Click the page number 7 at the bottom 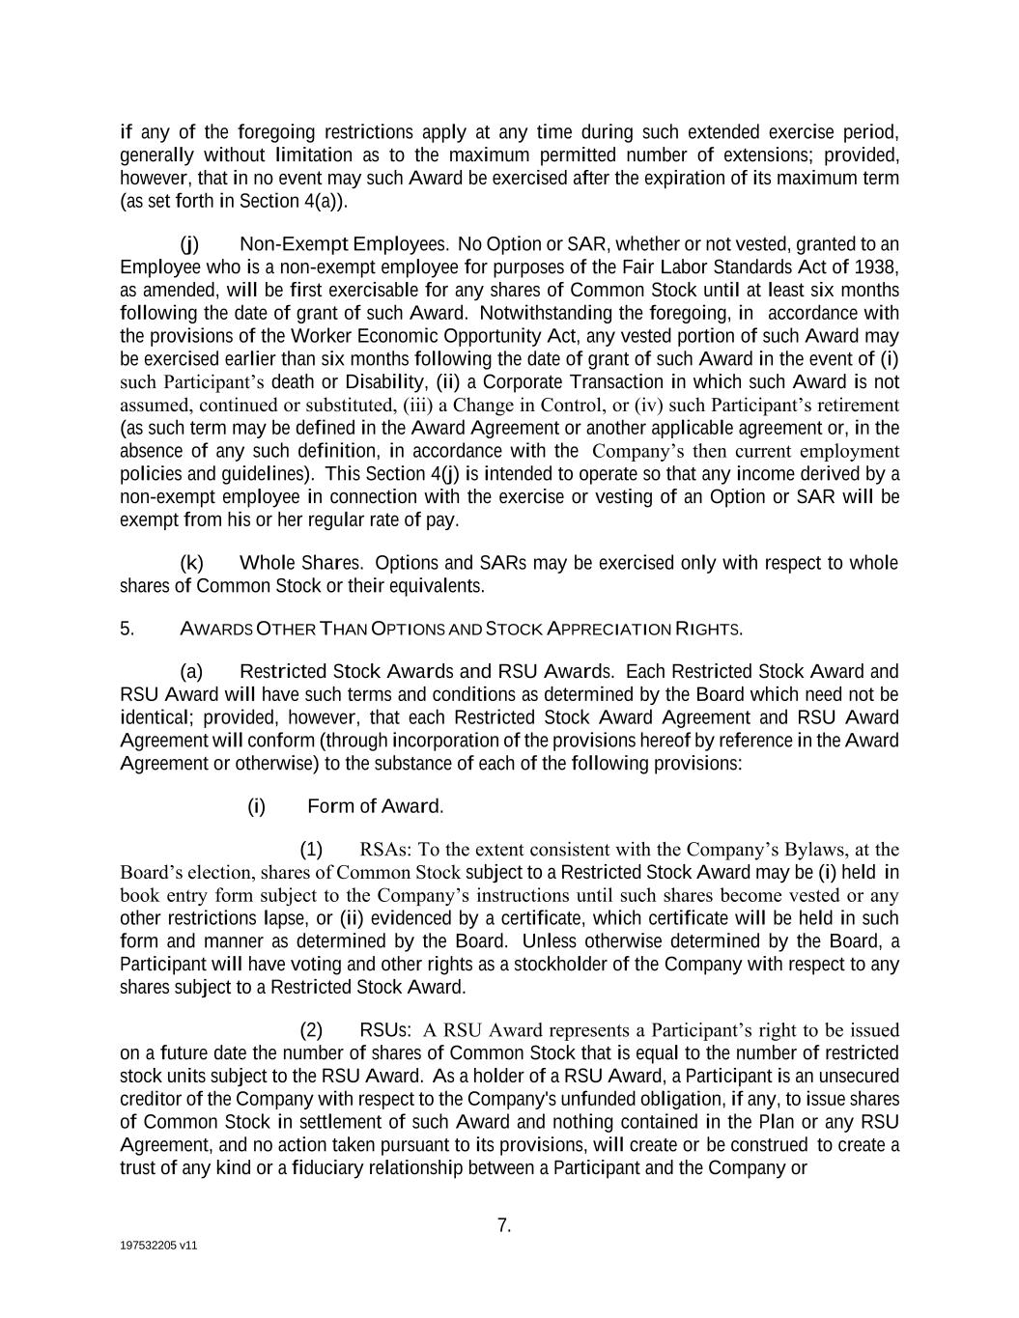503,1226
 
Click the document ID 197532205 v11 158,1246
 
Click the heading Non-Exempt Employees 344,244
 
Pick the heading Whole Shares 301,563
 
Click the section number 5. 127,630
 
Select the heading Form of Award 375,806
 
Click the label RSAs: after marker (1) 385,850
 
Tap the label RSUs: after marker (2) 385,1030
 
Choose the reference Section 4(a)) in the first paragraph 292,201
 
